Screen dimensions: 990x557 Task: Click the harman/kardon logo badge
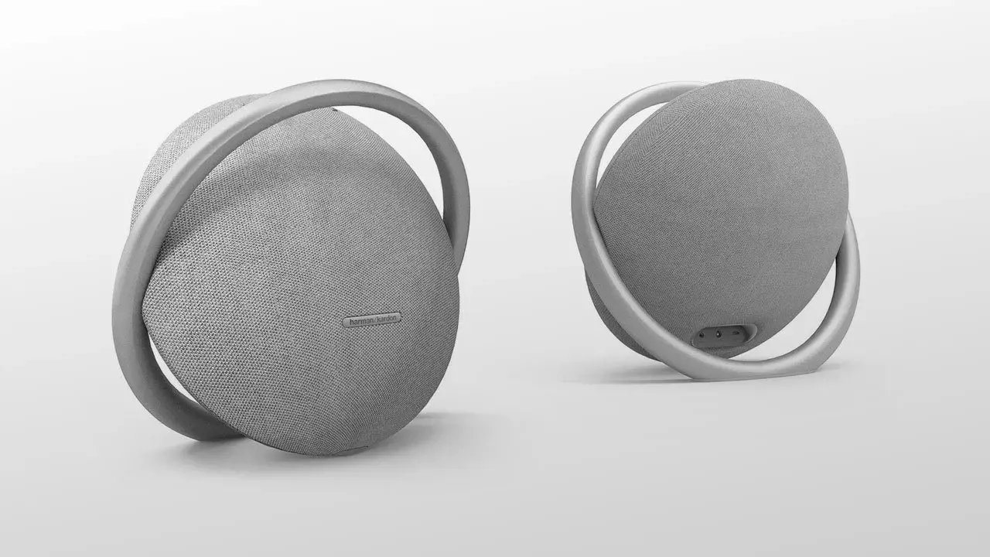372,320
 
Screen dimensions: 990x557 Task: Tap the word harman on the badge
361,322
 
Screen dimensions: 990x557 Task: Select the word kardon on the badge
387,318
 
